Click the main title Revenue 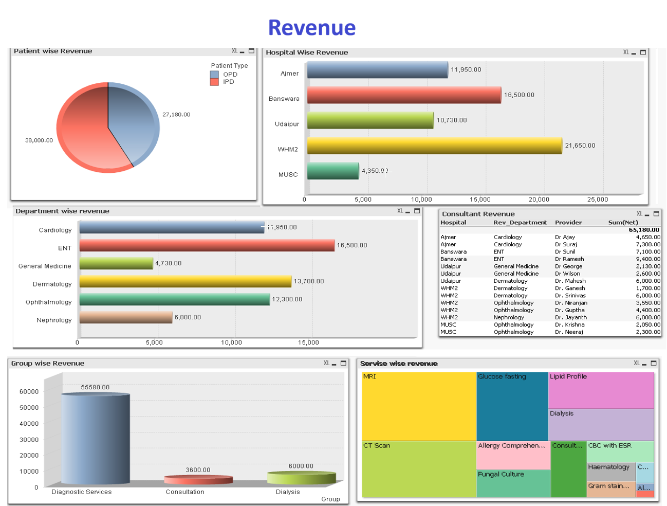(312, 28)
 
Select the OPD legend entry (230, 75)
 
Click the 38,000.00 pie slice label (39, 140)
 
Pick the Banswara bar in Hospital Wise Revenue (403, 95)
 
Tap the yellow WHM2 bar (434, 146)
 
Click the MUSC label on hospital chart (288, 175)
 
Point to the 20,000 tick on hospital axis (539, 200)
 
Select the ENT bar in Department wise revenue (207, 245)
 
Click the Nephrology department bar (125, 317)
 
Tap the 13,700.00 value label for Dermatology (308, 281)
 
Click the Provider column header (568, 223)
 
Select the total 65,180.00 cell (644, 230)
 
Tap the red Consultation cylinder (198, 480)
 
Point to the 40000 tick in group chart (29, 424)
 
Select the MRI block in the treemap (419, 406)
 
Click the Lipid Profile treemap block (601, 390)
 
